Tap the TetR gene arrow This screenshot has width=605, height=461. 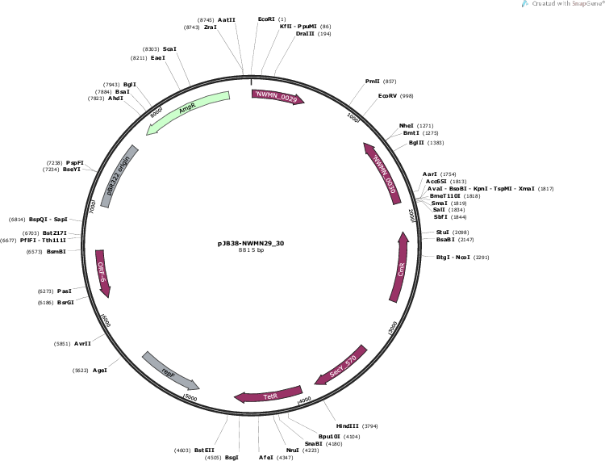point(267,396)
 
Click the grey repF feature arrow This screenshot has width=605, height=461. point(169,371)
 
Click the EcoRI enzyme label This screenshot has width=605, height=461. point(266,19)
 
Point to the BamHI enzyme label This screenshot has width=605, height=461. point(56,251)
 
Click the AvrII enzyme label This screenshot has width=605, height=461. point(82,343)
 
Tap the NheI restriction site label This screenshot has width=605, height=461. point(406,126)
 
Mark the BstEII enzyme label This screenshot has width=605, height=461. point(205,450)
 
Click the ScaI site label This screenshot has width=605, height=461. point(169,49)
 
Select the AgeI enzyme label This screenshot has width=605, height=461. point(100,371)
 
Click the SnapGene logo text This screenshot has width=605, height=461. point(563,4)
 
